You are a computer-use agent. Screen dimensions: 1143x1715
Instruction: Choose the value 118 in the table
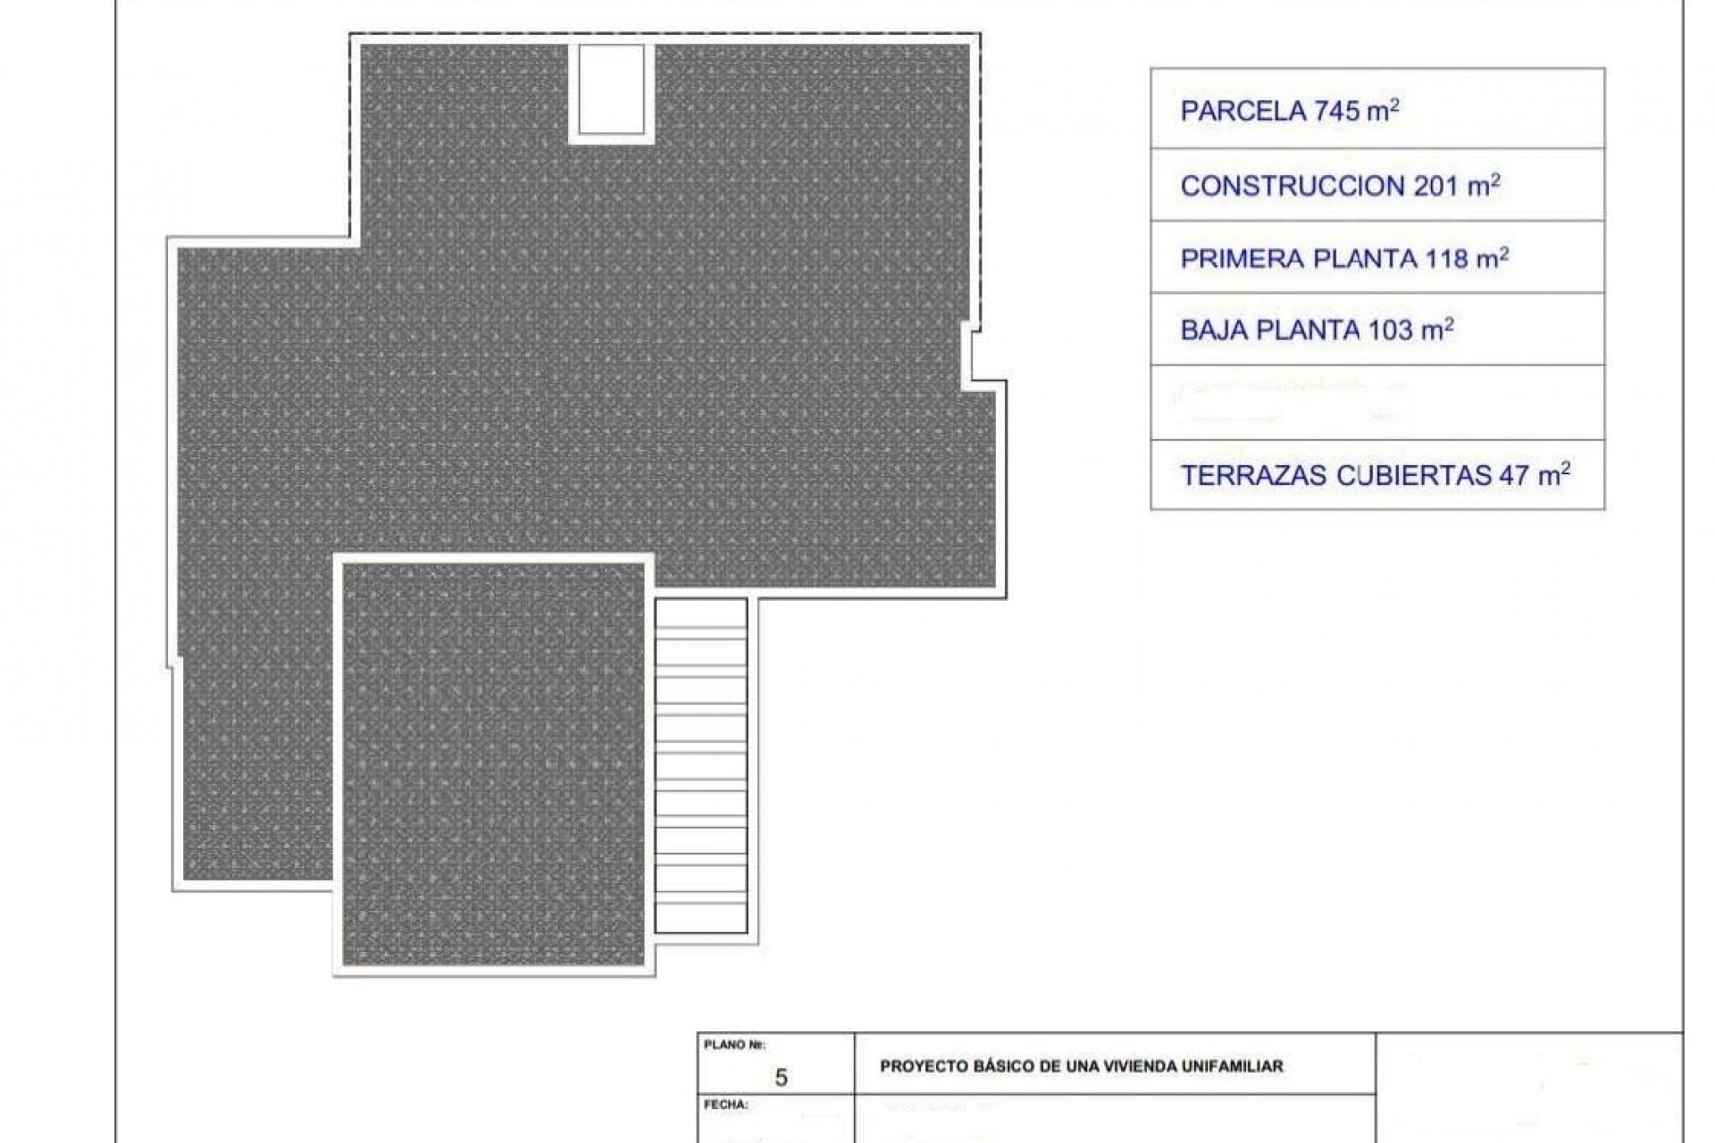pyautogui.click(x=1446, y=259)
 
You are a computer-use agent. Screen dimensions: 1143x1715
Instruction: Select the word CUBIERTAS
pyautogui.click(x=1413, y=476)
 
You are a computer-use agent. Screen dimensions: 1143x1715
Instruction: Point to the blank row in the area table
pyautogui.click(x=1376, y=403)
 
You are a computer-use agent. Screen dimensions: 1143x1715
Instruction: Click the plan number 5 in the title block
pyautogui.click(x=781, y=1078)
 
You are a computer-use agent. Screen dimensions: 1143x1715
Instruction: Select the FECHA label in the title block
pyautogui.click(x=726, y=1105)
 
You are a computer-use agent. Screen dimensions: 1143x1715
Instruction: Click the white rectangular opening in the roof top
pyautogui.click(x=611, y=88)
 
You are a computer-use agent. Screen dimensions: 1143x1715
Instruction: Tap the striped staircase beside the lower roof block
pyautogui.click(x=700, y=765)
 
